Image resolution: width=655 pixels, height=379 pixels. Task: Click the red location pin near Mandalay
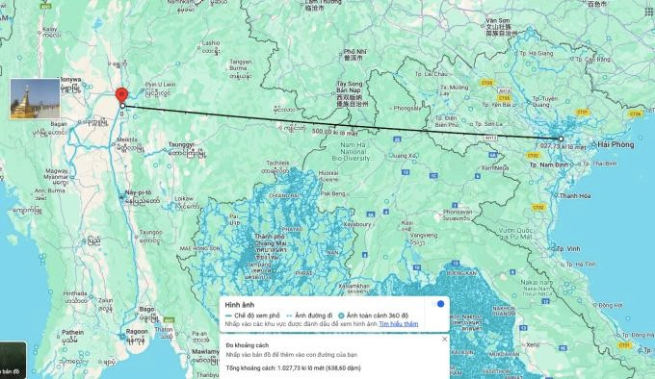[121, 96]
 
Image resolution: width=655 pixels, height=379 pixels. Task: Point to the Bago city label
[146, 308]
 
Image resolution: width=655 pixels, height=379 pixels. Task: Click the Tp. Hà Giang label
[523, 53]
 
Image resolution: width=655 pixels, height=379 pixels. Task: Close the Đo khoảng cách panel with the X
[444, 339]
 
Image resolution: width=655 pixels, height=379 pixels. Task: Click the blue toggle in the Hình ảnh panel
[439, 303]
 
